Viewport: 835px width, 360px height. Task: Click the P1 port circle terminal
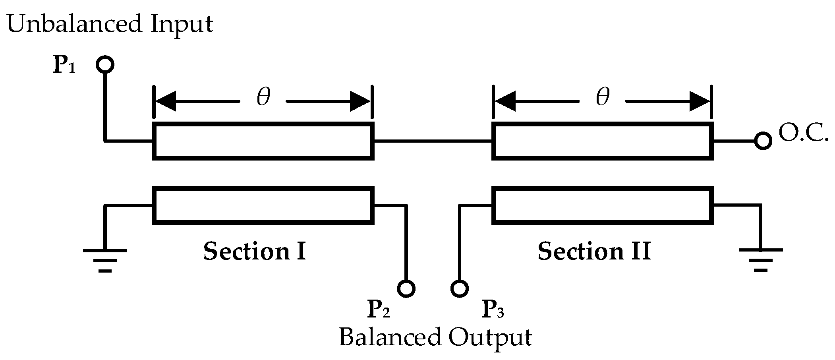coord(105,64)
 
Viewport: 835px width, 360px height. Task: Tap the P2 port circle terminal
coord(406,288)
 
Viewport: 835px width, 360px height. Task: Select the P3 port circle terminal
coord(460,288)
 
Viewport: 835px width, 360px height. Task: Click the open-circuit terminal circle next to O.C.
coord(763,141)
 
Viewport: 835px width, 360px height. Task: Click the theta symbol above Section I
coord(263,97)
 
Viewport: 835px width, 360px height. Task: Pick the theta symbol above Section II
coord(603,97)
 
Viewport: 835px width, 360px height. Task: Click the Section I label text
coord(254,252)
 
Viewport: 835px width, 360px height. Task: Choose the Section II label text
coord(594,252)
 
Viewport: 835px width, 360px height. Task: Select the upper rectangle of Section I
coord(263,141)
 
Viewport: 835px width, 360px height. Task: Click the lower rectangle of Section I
coord(263,205)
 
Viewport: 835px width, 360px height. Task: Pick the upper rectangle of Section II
coord(603,141)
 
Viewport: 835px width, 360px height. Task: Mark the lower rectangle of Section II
coord(603,205)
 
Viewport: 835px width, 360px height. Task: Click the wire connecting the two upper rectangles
coord(433,141)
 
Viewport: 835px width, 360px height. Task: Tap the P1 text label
coord(64,66)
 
